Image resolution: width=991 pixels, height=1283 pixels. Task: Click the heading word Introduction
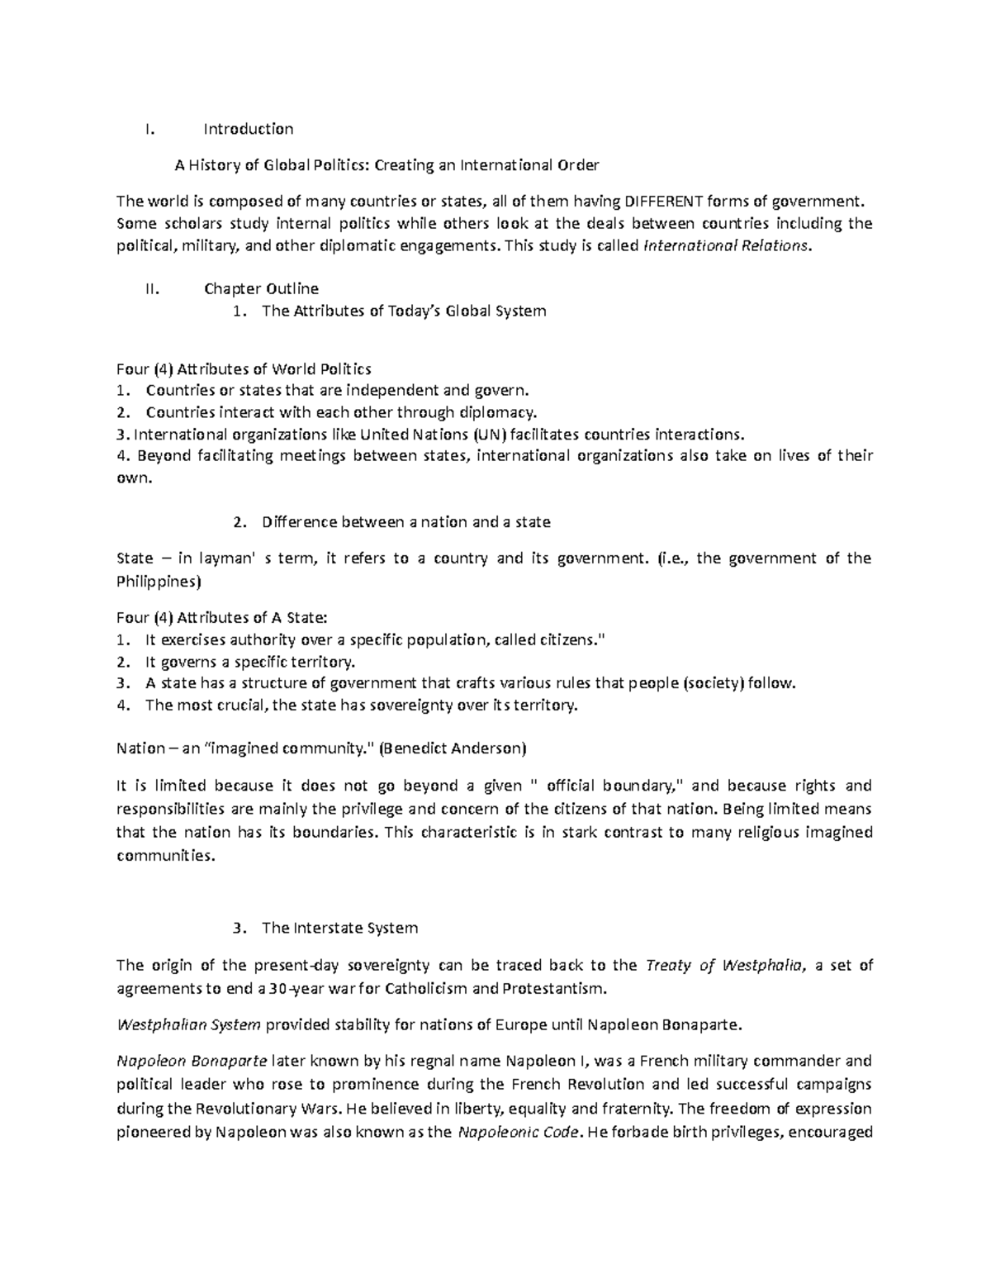[x=249, y=129]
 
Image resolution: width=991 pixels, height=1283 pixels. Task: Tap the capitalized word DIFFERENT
[x=665, y=201]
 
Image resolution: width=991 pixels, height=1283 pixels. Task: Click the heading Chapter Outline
[x=261, y=288]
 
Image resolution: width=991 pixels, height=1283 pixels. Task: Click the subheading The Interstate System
[x=339, y=928]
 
